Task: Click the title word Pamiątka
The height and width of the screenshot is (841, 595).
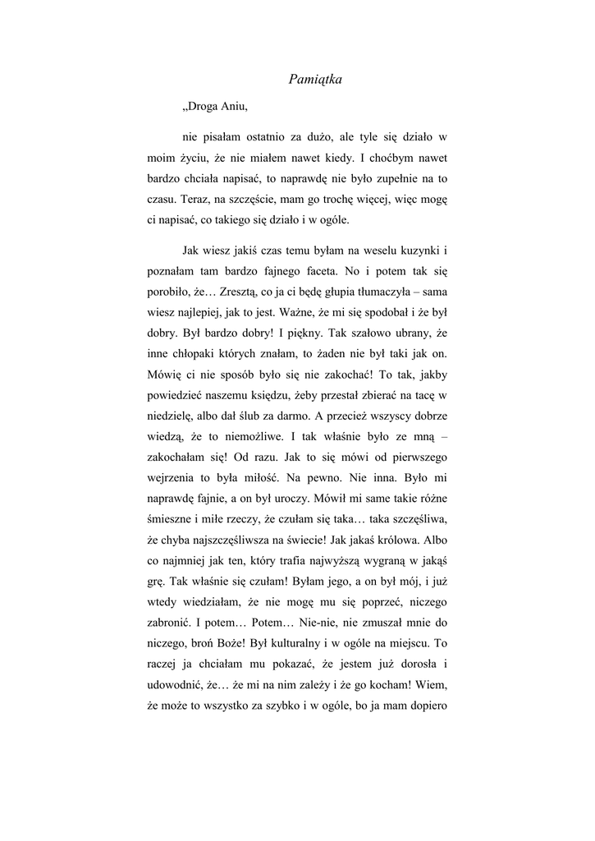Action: click(315, 80)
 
